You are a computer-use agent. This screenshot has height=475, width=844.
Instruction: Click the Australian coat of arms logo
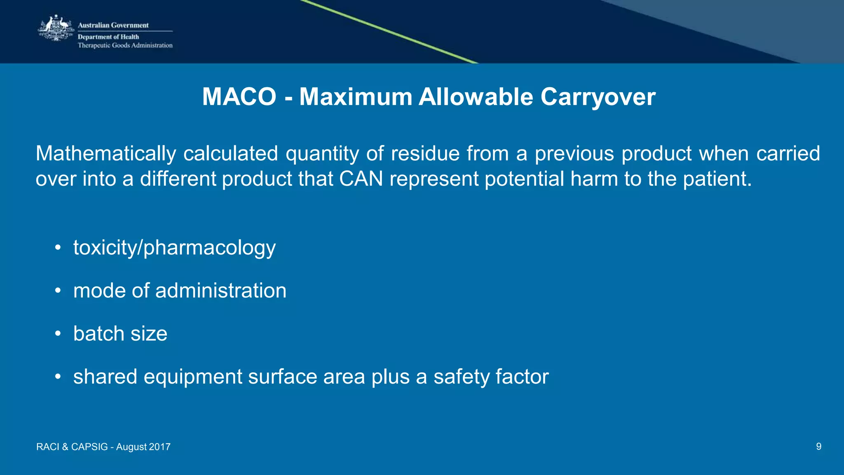(56, 28)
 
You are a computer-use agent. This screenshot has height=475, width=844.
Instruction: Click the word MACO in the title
(239, 97)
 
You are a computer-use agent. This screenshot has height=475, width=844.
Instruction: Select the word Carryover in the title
(598, 97)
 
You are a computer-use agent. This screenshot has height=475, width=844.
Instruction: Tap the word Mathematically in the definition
(106, 154)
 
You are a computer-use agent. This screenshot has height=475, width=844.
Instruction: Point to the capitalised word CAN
(361, 179)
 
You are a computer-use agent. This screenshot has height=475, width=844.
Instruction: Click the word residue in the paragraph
(425, 154)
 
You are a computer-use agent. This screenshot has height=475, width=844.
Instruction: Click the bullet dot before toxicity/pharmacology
(58, 248)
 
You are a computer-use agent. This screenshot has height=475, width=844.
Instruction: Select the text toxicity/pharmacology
(174, 248)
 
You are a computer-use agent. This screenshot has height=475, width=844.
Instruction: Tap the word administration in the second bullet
(220, 291)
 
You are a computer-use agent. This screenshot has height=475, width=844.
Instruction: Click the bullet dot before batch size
(58, 334)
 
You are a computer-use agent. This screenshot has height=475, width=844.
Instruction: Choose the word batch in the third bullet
(99, 334)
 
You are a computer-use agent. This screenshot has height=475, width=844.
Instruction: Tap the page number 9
(818, 447)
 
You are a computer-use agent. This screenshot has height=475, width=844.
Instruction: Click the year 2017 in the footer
(159, 447)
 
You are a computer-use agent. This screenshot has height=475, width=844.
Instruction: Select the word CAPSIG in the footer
(89, 447)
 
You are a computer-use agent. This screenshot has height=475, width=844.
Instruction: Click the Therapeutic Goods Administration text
(125, 45)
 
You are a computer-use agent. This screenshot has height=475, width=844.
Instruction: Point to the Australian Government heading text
(113, 25)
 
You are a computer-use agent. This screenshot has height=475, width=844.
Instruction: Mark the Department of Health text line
(108, 37)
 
